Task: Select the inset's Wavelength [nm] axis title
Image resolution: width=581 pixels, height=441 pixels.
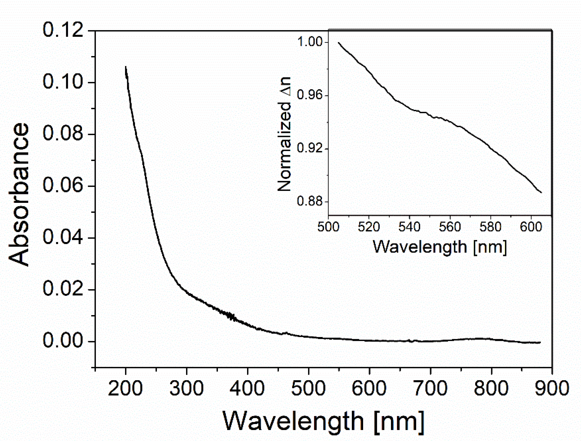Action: point(440,247)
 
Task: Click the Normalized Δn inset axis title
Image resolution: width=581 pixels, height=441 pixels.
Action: point(285,134)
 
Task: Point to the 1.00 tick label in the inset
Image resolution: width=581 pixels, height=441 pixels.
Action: point(310,42)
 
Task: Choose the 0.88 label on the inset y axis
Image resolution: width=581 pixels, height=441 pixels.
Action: point(310,201)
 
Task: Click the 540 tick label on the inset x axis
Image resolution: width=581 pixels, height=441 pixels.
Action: point(409,227)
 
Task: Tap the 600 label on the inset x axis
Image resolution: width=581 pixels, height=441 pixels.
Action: point(531,227)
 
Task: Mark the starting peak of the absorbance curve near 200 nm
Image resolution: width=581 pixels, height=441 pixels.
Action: point(125,67)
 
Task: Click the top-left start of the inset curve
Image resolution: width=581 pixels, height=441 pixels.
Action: point(339,43)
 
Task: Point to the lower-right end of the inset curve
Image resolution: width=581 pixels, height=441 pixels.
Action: point(541,192)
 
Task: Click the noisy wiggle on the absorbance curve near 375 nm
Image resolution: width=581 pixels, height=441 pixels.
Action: point(231,316)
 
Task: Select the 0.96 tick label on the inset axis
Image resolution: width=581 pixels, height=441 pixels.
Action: point(310,95)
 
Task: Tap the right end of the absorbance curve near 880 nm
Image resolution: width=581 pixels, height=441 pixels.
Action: point(540,343)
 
